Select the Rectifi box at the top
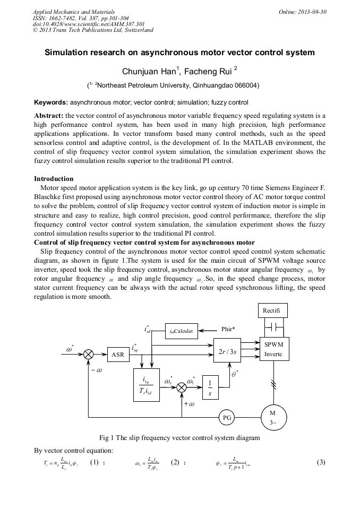point(274,310)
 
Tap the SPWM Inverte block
point(274,349)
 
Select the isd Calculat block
point(181,331)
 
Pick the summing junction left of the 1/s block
point(182,386)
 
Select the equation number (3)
point(320,462)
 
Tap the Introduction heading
point(54,178)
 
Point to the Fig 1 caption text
point(179,438)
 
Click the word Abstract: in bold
point(49,115)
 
